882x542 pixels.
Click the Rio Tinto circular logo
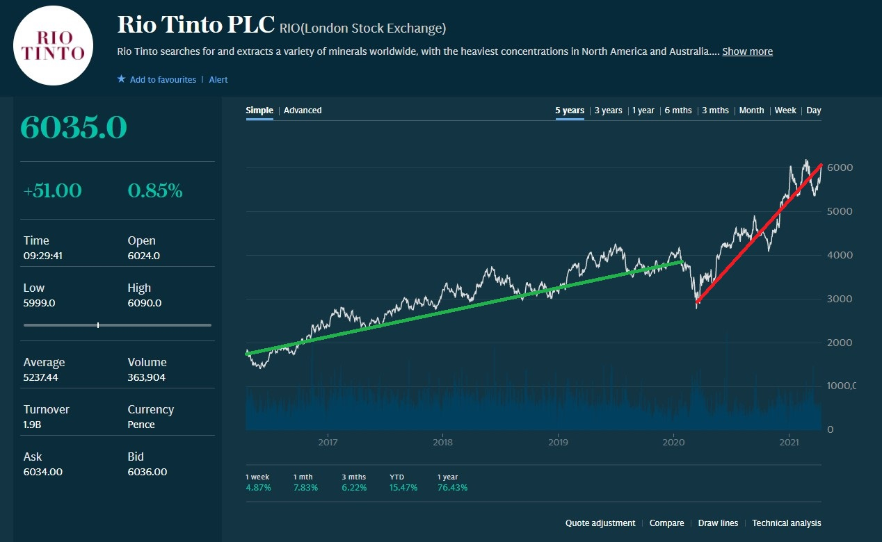pyautogui.click(x=54, y=45)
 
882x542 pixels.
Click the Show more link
pyautogui.click(x=747, y=51)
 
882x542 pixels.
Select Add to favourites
pyautogui.click(x=162, y=80)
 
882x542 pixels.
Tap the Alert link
pyautogui.click(x=218, y=80)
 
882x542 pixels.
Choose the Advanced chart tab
pyautogui.click(x=303, y=110)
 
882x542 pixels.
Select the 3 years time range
pyautogui.click(x=608, y=110)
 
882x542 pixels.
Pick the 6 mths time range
pyautogui.click(x=678, y=110)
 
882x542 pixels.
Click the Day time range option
pyautogui.click(x=814, y=110)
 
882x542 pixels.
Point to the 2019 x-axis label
pyautogui.click(x=559, y=442)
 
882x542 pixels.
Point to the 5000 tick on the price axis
pyautogui.click(x=839, y=211)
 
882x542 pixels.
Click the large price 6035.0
pyautogui.click(x=74, y=127)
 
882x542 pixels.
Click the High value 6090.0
pyautogui.click(x=145, y=303)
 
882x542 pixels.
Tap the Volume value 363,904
pyautogui.click(x=147, y=378)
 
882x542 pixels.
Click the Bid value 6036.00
pyautogui.click(x=147, y=473)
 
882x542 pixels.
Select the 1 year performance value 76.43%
pyautogui.click(x=453, y=488)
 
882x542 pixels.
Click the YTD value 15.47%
pyautogui.click(x=403, y=488)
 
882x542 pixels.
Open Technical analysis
pyautogui.click(x=786, y=523)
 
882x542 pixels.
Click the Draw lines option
pyautogui.click(x=718, y=523)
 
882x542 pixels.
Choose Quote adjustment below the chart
pyautogui.click(x=600, y=523)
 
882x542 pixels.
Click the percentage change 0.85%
pyautogui.click(x=155, y=191)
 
